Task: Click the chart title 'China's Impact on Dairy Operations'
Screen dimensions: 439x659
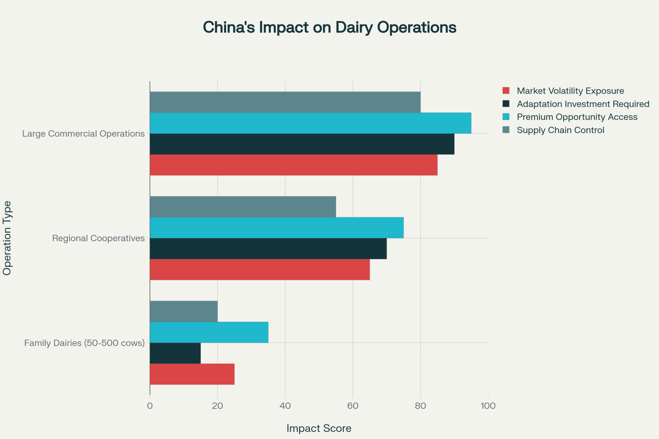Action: (329, 27)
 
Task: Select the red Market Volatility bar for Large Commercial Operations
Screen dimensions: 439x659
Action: (294, 165)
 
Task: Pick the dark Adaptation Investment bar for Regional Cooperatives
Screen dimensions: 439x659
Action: (268, 249)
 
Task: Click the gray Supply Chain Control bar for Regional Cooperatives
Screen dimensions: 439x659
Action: (243, 207)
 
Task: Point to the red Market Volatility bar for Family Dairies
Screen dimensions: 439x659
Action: (192, 374)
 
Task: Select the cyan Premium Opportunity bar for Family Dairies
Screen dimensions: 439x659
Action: (209, 332)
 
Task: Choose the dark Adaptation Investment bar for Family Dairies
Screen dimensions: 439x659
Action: (175, 353)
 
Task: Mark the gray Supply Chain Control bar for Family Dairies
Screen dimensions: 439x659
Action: (184, 311)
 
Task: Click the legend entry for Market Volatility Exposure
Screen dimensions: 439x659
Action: (570, 91)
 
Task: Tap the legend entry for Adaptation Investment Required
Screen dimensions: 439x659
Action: (583, 104)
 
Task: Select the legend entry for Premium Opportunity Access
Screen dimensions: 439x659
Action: (577, 117)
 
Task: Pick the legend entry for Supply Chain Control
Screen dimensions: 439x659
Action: (560, 130)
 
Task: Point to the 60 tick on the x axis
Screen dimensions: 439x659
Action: (353, 406)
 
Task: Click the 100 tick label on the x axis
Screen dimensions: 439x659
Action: (488, 406)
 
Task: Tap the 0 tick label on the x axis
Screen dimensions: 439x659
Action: (150, 406)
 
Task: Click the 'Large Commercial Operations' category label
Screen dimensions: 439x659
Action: (83, 134)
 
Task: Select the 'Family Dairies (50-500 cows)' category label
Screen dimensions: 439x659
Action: (84, 343)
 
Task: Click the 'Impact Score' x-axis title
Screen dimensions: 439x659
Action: (319, 428)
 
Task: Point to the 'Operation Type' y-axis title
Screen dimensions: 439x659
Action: (7, 238)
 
